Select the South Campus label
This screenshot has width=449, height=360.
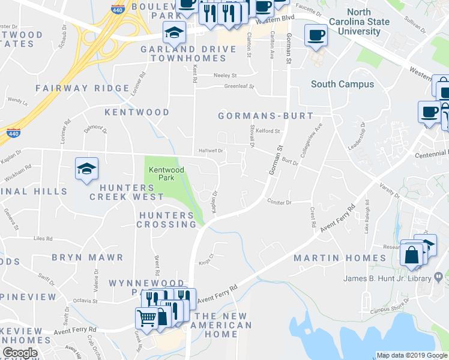(342, 85)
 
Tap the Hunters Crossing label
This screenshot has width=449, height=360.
(167, 220)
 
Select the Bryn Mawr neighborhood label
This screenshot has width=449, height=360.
(88, 257)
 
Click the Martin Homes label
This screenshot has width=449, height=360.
(340, 258)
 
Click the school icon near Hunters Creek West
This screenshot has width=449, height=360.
(86, 168)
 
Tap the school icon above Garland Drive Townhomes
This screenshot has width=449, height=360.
(174, 31)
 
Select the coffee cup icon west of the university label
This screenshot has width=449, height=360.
(316, 35)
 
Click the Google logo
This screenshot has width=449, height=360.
(20, 353)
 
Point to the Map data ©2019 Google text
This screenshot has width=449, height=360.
(411, 355)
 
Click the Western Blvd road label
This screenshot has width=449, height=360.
(274, 19)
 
